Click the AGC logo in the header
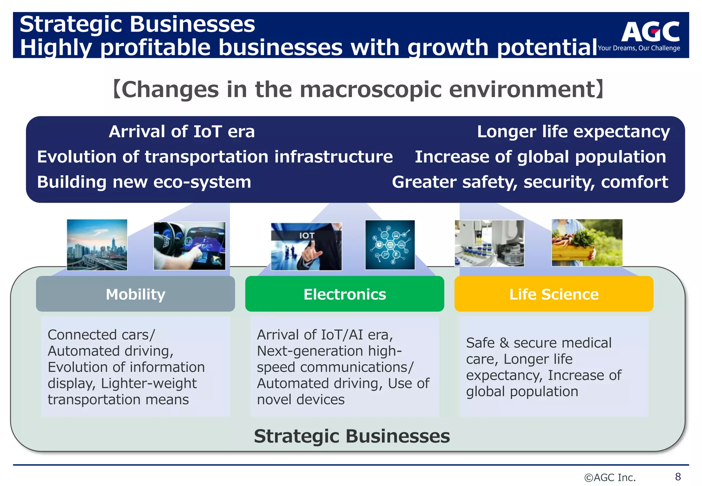[650, 32]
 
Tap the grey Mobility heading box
[135, 294]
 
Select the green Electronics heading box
[344, 294]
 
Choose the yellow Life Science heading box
[554, 294]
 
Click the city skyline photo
[97, 245]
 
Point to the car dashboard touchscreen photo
[190, 246]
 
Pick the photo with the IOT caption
[306, 246]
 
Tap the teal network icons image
[390, 245]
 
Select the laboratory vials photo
[489, 243]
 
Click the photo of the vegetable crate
[587, 243]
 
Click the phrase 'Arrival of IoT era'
[182, 132]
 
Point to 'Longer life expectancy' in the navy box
[573, 132]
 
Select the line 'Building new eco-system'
[144, 182]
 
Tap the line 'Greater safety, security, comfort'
[530, 182]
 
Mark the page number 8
[678, 476]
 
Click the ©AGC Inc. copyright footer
[610, 477]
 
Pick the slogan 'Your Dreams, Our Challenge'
[639, 48]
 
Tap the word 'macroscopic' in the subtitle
[371, 89]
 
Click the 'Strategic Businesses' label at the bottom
[352, 436]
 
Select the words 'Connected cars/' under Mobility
[101, 335]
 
